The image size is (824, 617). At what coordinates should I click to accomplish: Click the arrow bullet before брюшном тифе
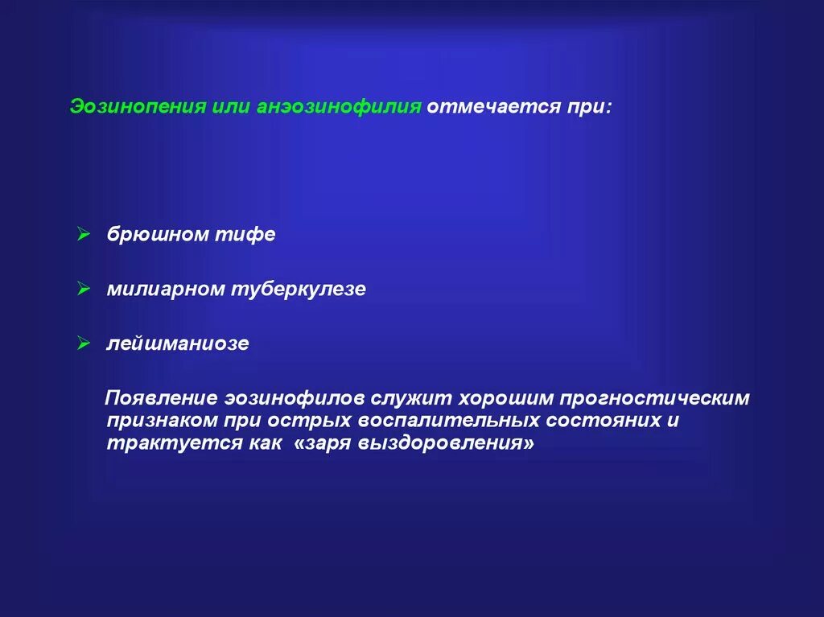[x=83, y=234]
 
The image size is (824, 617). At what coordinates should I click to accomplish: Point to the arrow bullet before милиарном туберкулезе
[x=83, y=289]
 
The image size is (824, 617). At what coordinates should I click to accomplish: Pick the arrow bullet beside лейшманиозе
[x=83, y=343]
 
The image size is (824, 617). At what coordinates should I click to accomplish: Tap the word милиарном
[x=167, y=290]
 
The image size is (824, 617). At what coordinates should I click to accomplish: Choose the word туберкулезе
[x=299, y=290]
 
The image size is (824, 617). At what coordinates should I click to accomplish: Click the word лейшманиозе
[x=178, y=344]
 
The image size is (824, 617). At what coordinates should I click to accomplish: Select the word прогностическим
[x=656, y=399]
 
